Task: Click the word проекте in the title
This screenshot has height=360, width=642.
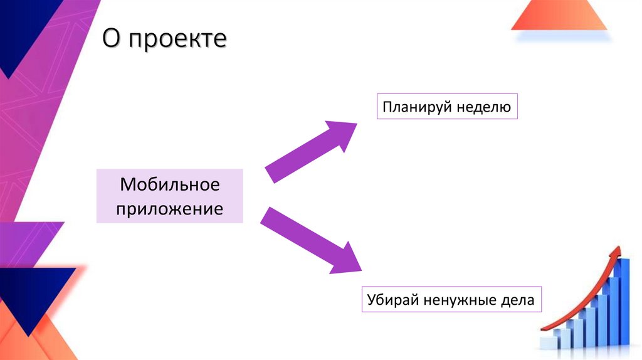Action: (177, 40)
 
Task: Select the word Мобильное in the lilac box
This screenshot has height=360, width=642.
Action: (169, 185)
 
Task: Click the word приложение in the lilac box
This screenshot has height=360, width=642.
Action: (169, 208)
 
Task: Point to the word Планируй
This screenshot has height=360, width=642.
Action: (414, 107)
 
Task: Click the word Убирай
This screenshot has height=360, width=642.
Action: (392, 300)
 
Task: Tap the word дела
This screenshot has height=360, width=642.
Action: (519, 300)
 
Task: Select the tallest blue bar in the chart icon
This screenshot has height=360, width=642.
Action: (624, 301)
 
